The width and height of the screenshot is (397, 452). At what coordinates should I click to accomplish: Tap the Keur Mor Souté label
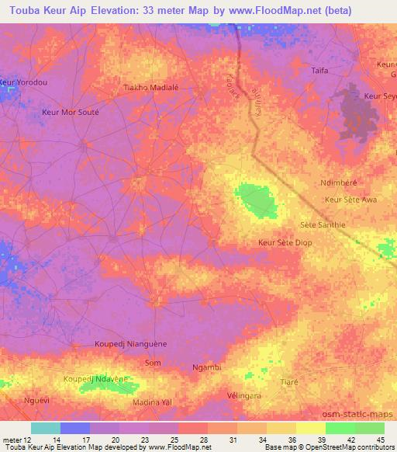[70, 112]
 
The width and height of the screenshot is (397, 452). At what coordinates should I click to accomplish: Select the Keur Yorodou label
[23, 82]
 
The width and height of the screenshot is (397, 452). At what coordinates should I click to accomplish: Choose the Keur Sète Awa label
[351, 200]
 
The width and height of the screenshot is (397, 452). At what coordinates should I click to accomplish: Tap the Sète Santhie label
[322, 225]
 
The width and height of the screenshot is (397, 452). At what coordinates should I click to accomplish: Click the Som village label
[154, 363]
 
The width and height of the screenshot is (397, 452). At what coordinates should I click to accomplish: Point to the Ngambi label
[207, 367]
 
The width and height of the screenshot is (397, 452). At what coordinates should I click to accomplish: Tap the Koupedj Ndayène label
[95, 379]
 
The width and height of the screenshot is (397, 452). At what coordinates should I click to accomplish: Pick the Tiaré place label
[290, 382]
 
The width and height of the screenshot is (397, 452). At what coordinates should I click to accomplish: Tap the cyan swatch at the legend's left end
[46, 428]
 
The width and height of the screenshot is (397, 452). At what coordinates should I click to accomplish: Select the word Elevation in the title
[130, 11]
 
